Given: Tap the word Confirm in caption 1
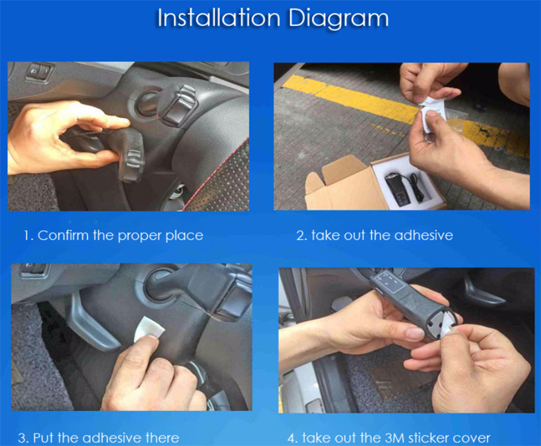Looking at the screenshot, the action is [63, 235].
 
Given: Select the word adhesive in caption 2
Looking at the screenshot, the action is [423, 235].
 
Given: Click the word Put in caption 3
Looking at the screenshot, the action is [44, 438].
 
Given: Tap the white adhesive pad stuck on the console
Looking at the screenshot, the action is [148, 330].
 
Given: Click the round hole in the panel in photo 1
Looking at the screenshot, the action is [147, 103].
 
